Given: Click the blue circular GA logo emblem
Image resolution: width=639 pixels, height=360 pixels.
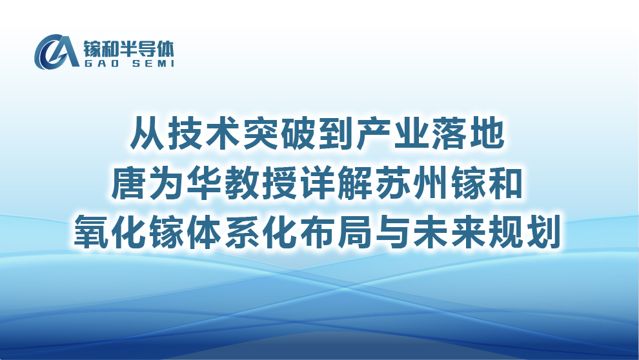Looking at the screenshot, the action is click(56, 52).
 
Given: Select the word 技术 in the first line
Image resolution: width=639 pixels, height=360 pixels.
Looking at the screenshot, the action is click(204, 133).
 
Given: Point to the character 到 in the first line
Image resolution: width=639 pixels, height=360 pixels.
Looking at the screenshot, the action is click(336, 133).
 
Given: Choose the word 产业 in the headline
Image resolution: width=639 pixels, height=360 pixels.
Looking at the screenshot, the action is click(392, 133).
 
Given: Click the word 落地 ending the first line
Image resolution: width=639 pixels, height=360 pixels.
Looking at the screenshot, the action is click(468, 133).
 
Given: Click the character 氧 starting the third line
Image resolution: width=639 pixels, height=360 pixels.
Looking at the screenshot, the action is click(91, 232).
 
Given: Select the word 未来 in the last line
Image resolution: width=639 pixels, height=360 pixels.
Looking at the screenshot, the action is click(449, 232).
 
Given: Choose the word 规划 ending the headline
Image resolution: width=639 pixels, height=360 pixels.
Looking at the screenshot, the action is click(525, 232).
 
